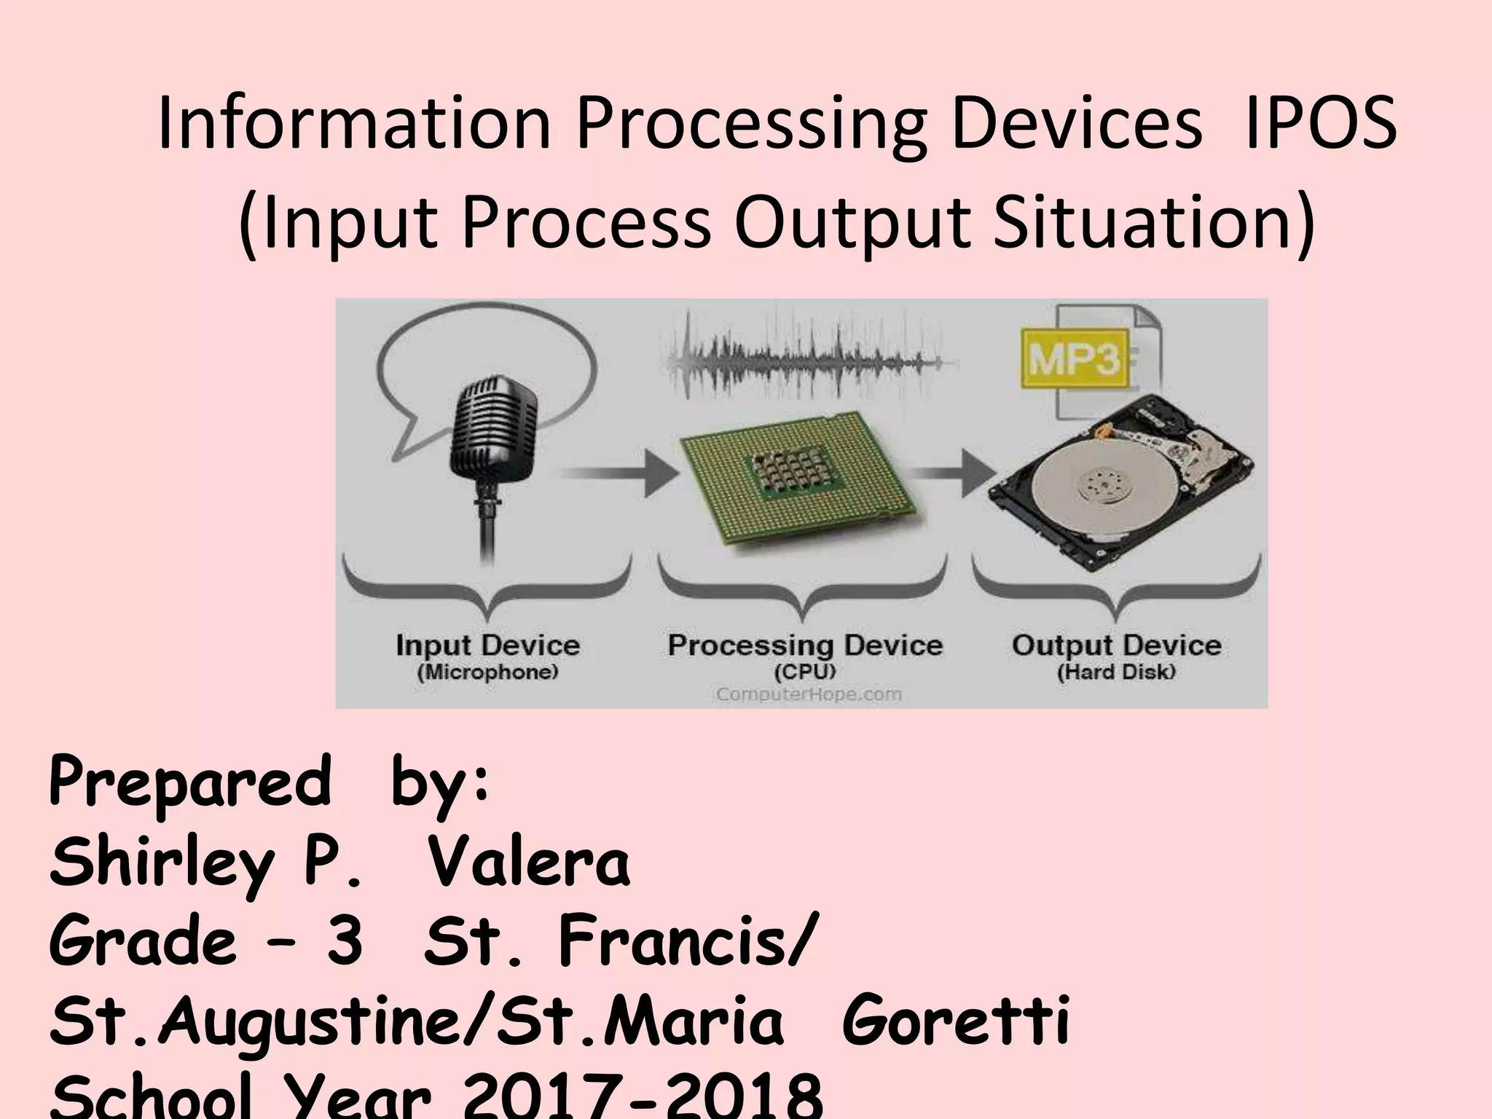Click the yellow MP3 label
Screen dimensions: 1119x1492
(1074, 359)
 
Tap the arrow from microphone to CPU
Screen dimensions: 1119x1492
(619, 474)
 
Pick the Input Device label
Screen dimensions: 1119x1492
(487, 645)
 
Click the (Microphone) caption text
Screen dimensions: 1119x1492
(487, 672)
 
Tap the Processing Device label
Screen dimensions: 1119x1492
(805, 645)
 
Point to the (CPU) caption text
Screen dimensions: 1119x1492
(805, 671)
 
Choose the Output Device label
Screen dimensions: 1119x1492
(1116, 645)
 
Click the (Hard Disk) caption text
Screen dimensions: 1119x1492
(1116, 672)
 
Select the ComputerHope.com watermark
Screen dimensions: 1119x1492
(809, 694)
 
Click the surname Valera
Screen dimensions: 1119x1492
(528, 863)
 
